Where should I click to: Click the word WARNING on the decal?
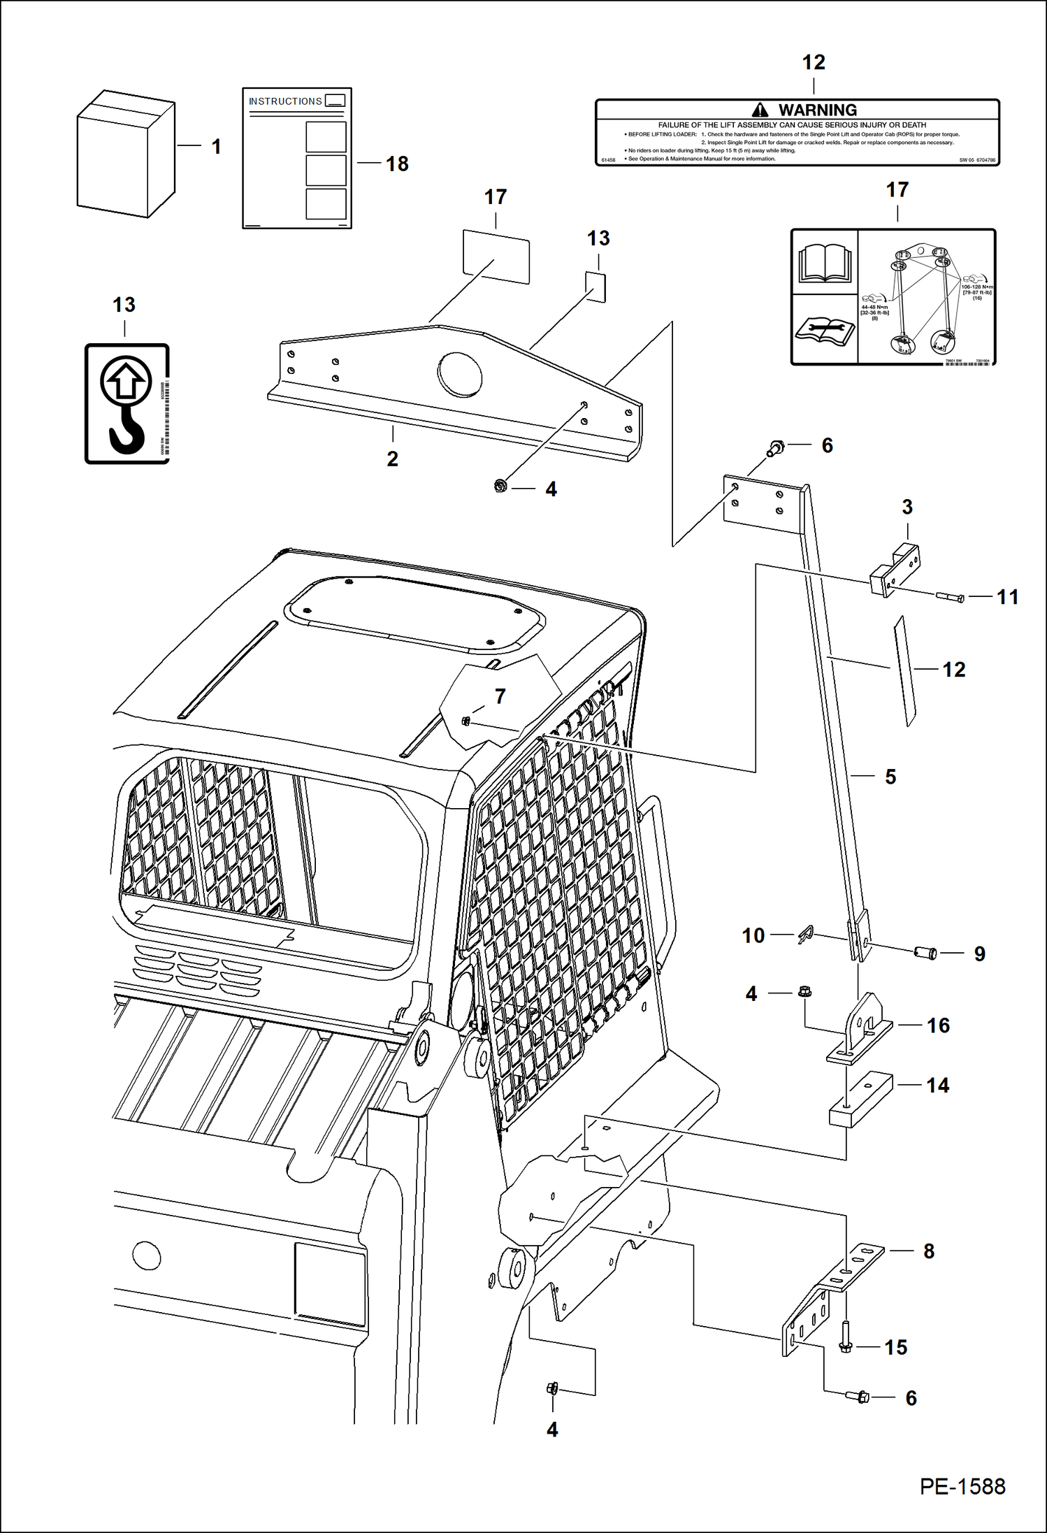[x=817, y=110]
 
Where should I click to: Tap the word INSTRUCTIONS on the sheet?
[x=285, y=101]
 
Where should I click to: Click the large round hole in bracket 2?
[x=459, y=375]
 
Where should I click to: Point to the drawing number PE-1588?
[x=962, y=1486]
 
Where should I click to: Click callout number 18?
[x=397, y=164]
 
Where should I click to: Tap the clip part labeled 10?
[x=806, y=935]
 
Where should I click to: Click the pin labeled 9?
[x=925, y=952]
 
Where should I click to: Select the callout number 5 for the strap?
[x=890, y=777]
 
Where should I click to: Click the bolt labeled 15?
[x=845, y=1337]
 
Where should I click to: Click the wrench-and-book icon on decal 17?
[x=825, y=329]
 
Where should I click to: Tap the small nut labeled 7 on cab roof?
[x=465, y=721]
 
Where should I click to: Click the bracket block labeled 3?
[x=895, y=569]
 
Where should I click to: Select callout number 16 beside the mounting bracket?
[x=938, y=1025]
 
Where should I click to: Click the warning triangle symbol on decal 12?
[x=760, y=110]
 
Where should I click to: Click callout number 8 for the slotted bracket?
[x=929, y=1251]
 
